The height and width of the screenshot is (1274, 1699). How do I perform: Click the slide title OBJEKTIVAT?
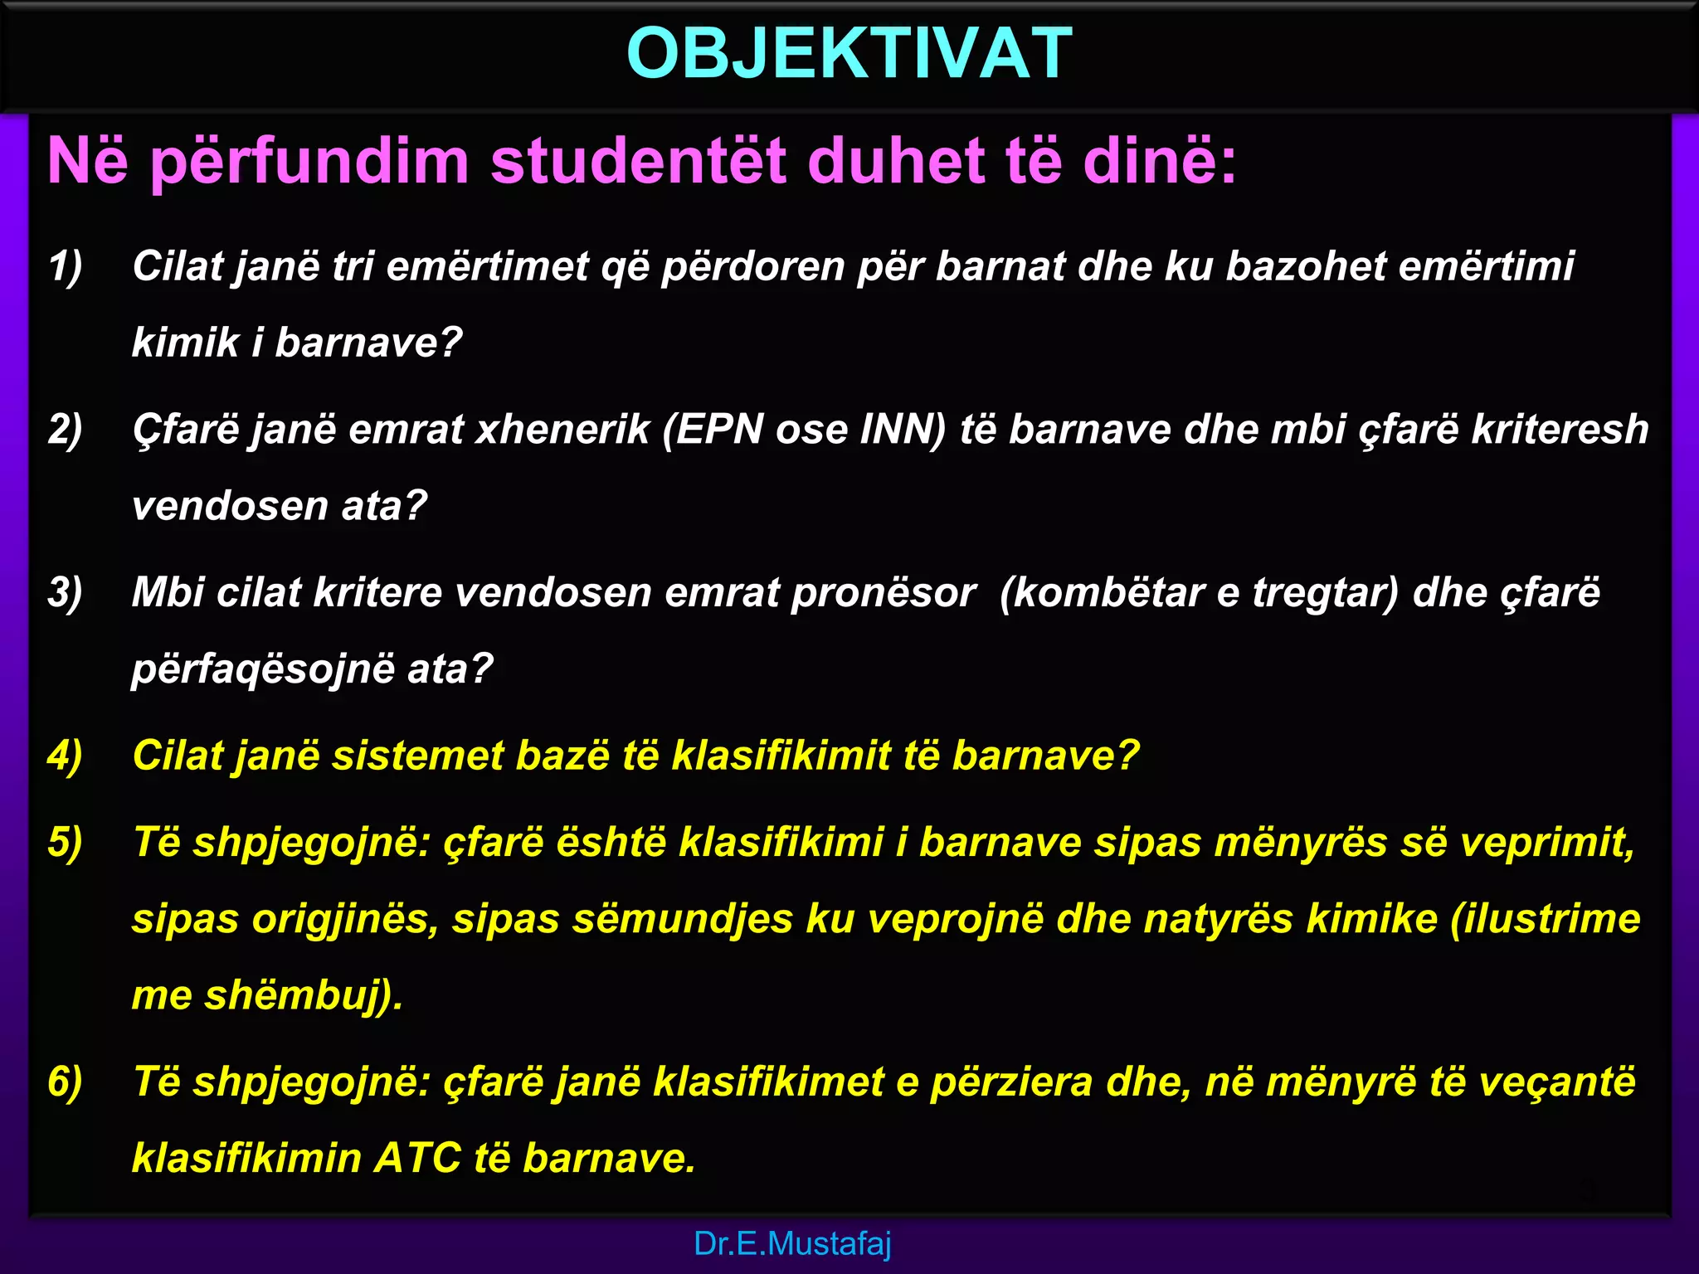(849, 53)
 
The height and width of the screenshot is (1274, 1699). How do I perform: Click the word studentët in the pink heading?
(638, 160)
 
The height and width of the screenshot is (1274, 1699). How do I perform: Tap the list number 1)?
(66, 267)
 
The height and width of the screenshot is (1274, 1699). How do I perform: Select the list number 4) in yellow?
(66, 756)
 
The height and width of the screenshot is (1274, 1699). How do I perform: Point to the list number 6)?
(66, 1082)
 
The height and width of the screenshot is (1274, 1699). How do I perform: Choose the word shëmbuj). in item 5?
(304, 995)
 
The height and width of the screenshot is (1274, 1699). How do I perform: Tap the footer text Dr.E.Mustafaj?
(792, 1243)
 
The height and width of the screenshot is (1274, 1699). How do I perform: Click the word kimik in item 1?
(185, 343)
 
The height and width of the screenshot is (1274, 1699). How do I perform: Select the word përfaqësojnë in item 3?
(264, 669)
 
